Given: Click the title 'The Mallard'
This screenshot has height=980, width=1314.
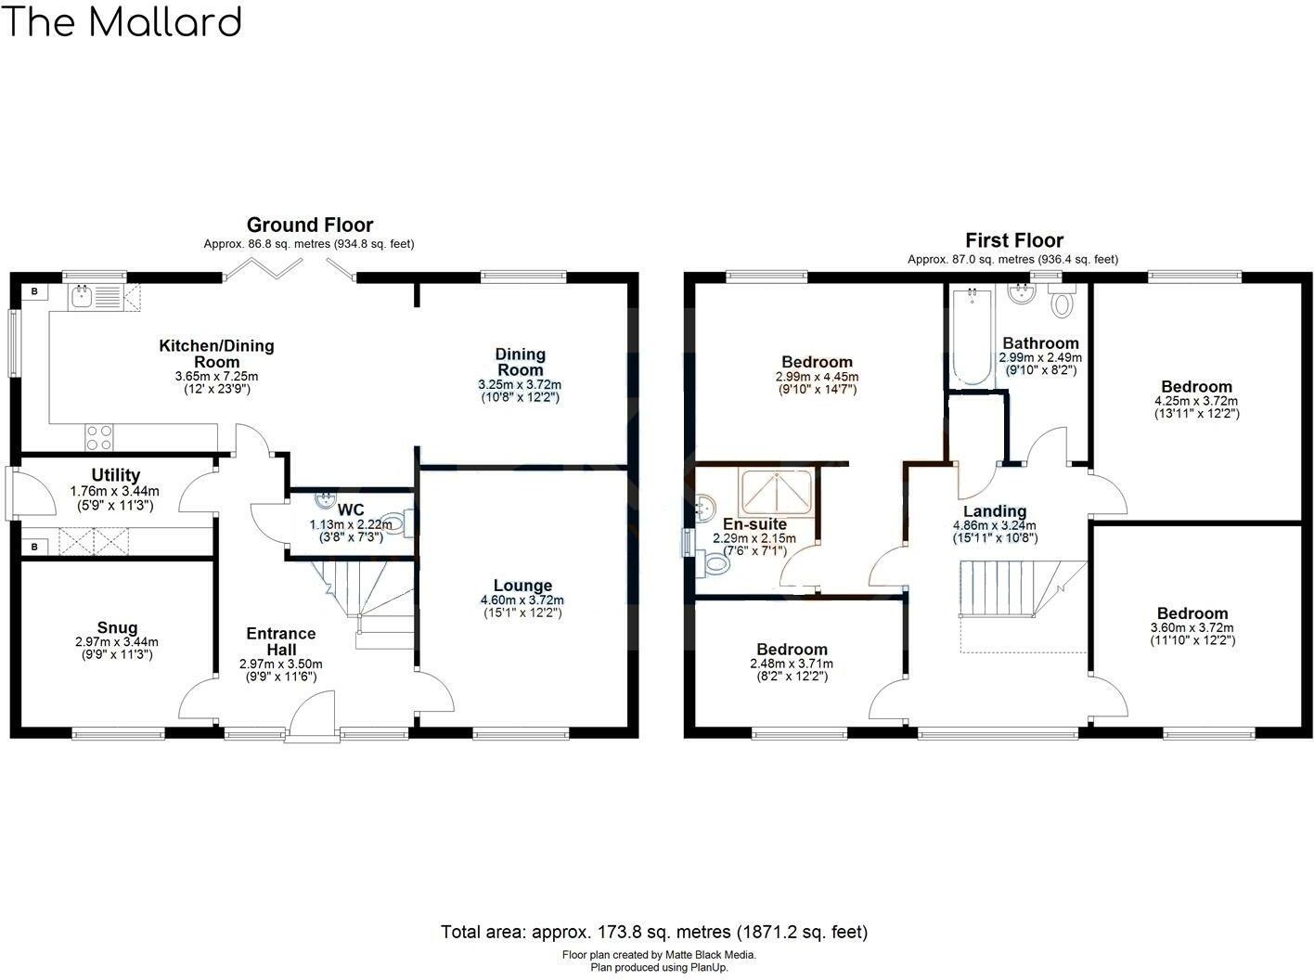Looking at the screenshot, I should tap(122, 21).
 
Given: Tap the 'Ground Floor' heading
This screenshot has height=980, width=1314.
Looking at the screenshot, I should tap(309, 225).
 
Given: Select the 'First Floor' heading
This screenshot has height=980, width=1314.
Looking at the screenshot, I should tap(1013, 240).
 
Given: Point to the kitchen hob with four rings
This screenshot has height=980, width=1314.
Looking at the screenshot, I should tap(99, 435).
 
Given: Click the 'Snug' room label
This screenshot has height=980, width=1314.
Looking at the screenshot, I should tap(117, 627).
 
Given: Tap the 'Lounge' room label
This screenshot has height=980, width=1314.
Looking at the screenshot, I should tap(522, 586).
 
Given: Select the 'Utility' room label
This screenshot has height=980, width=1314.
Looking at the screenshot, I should tap(116, 475).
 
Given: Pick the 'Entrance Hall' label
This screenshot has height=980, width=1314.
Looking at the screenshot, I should tap(280, 641).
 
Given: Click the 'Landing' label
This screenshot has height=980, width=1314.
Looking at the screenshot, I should tap(995, 511).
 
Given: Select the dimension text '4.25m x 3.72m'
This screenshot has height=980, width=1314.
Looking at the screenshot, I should tap(1197, 401).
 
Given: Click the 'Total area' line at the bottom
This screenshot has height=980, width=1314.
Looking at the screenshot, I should tap(654, 932).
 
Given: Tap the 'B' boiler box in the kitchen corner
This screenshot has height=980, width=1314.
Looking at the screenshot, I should tap(35, 292).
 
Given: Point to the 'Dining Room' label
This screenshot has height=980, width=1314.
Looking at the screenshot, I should tap(520, 362).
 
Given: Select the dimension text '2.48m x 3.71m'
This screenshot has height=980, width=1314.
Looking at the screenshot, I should tap(791, 664).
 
